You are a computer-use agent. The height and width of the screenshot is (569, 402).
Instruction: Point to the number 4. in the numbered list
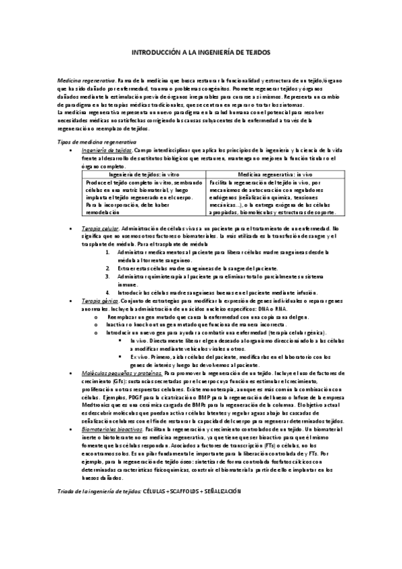[x=108, y=293]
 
